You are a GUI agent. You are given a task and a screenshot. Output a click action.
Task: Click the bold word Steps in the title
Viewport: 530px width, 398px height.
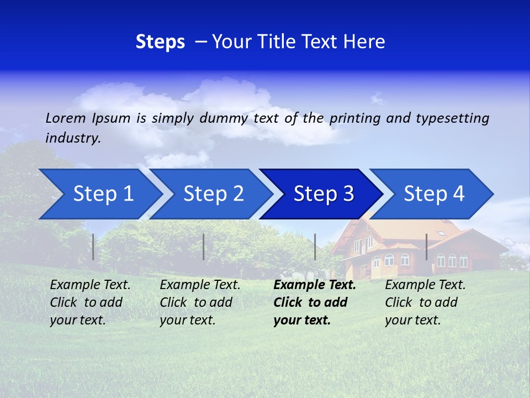tap(160, 42)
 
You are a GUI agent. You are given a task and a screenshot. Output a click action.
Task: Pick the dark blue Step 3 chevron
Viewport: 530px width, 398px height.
tap(324, 194)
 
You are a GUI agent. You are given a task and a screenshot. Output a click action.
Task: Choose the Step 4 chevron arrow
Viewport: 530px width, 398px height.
tap(434, 194)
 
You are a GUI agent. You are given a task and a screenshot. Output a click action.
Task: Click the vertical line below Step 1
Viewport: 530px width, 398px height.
tap(93, 247)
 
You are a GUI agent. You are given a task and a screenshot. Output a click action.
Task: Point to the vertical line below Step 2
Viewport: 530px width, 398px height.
tap(204, 247)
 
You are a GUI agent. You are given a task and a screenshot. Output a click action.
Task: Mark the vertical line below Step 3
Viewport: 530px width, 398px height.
tap(315, 247)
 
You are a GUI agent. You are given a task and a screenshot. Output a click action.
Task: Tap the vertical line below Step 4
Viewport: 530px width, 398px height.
tap(426, 247)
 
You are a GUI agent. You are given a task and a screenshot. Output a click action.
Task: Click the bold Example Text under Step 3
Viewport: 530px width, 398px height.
tap(315, 285)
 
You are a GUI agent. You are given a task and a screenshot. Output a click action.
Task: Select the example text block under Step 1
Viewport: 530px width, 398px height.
tap(90, 302)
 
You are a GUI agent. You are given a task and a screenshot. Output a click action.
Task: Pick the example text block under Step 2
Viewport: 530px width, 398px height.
tap(200, 302)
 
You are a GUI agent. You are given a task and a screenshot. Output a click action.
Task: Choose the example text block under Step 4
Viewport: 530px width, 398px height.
tap(425, 302)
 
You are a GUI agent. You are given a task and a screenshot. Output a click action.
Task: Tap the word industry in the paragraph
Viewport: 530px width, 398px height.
tap(72, 138)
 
